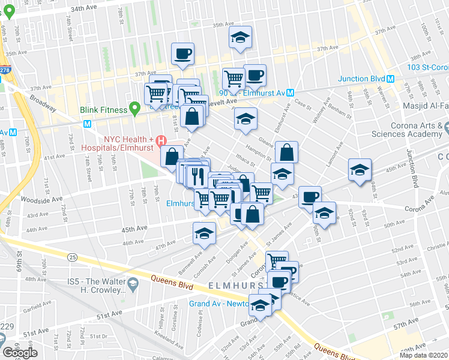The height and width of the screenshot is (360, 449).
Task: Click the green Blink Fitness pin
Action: [136, 109]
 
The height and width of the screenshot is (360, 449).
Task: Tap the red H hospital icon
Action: [160, 142]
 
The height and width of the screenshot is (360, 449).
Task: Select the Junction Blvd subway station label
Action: [361, 79]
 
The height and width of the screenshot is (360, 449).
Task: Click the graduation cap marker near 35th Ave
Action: [240, 38]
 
